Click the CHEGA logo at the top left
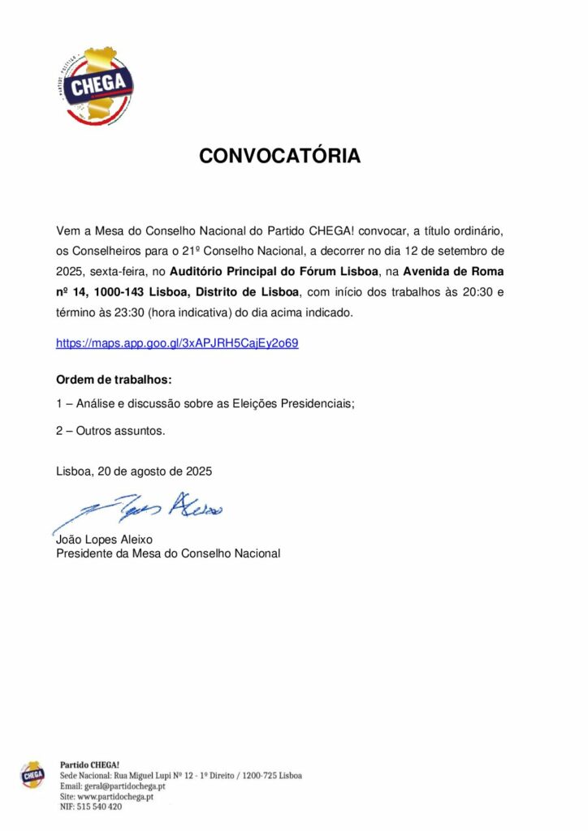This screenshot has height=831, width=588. point(99,85)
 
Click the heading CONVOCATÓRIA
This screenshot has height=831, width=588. point(280,157)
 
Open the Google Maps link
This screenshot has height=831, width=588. point(177,342)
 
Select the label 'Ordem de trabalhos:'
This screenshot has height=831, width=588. point(114,380)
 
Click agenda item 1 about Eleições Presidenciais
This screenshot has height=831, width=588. point(205,405)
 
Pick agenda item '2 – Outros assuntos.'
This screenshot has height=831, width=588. point(110,431)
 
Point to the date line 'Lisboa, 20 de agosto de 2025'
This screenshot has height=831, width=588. point(134,470)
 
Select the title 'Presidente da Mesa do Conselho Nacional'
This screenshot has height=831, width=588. point(168,553)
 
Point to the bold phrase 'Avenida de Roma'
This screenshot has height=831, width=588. point(459,270)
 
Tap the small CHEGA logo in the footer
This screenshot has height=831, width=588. point(33,776)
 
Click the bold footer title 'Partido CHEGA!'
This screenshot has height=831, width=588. point(90,764)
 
